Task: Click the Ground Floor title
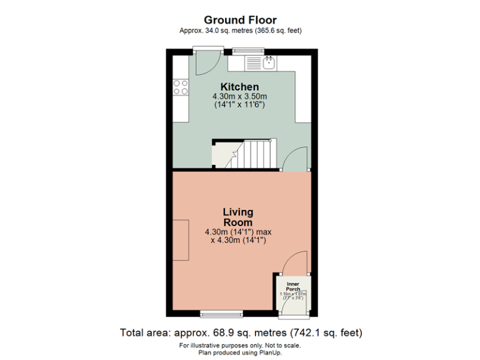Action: pos(240,19)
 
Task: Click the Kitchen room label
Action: pos(239,87)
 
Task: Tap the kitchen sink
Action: pos(269,62)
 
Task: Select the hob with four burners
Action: pos(181,87)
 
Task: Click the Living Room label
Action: pos(238,217)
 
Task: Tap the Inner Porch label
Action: pos(292,287)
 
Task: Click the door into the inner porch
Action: pos(294,263)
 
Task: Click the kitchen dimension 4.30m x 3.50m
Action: pos(239,96)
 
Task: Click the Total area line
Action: pos(240,332)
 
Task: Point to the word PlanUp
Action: pos(274,352)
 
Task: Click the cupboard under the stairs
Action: pos(222,155)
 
